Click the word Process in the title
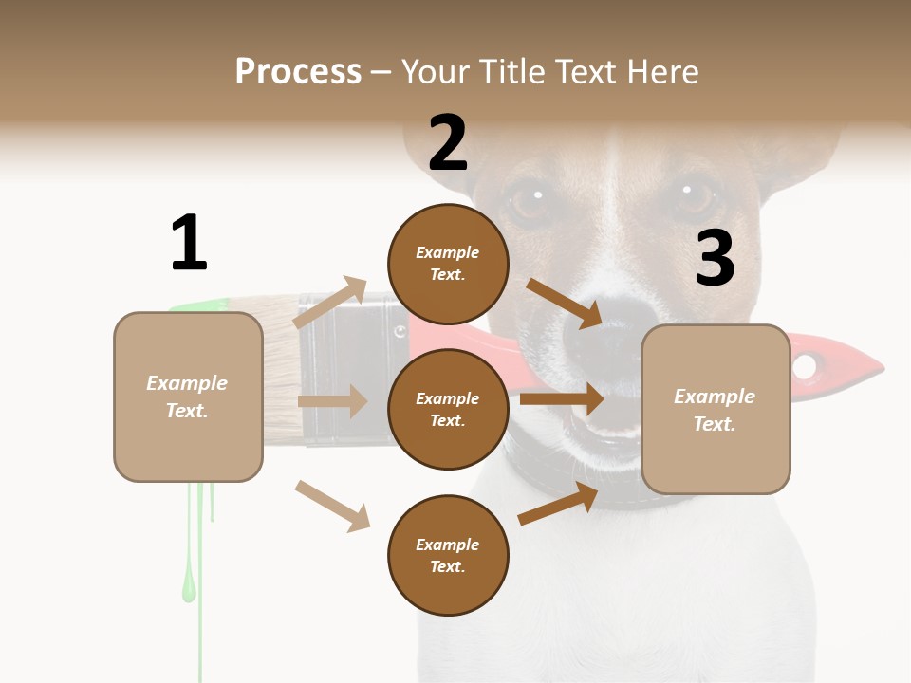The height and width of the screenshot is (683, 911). pyautogui.click(x=298, y=72)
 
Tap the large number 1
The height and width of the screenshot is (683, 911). pyautogui.click(x=189, y=243)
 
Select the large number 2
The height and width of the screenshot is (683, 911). pyautogui.click(x=448, y=142)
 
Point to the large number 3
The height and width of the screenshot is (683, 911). pyautogui.click(x=715, y=258)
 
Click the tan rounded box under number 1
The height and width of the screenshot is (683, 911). pyautogui.click(x=188, y=397)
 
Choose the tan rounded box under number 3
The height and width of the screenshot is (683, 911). pyautogui.click(x=716, y=409)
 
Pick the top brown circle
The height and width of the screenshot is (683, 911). pyautogui.click(x=448, y=264)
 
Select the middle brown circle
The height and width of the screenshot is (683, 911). pyautogui.click(x=448, y=409)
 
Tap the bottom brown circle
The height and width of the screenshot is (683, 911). pyautogui.click(x=448, y=555)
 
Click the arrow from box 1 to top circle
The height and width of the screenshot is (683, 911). pyautogui.click(x=330, y=303)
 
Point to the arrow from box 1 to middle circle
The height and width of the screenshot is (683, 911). pyautogui.click(x=332, y=401)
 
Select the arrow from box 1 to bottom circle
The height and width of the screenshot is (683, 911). pyautogui.click(x=332, y=506)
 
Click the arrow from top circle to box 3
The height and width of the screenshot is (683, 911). pyautogui.click(x=565, y=303)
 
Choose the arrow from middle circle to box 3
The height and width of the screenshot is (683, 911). pyautogui.click(x=562, y=399)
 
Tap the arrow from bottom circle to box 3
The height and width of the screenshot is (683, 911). pyautogui.click(x=558, y=504)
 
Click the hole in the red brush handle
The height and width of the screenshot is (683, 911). pyautogui.click(x=805, y=365)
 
